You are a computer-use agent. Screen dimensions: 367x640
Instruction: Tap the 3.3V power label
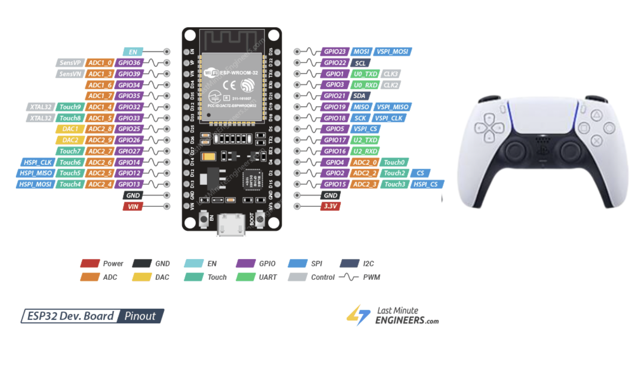(331, 206)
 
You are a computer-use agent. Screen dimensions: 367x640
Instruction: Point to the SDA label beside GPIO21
(360, 96)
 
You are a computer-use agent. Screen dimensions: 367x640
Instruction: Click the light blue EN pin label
(133, 52)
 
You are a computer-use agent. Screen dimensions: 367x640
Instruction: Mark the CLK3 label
(391, 74)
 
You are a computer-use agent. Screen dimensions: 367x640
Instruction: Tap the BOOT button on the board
(260, 219)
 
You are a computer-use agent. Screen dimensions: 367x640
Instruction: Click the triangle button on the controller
(596, 116)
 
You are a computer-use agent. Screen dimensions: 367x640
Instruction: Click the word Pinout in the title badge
(140, 316)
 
